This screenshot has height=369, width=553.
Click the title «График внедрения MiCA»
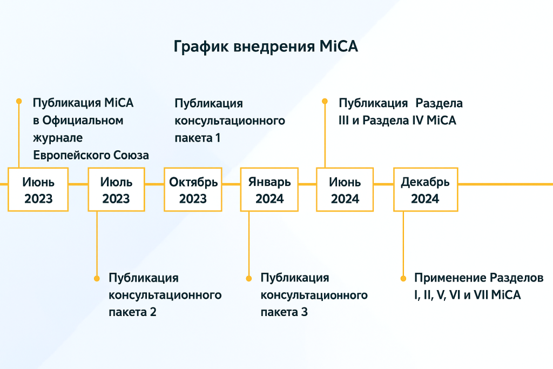click(266, 46)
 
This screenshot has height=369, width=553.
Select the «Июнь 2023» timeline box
click(38, 190)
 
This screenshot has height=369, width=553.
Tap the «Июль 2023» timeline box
click(116, 190)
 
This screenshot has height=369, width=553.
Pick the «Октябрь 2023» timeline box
click(193, 190)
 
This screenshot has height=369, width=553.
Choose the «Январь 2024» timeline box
click(269, 190)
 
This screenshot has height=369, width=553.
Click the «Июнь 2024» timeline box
click(345, 190)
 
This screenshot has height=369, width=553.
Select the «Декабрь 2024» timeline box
click(425, 190)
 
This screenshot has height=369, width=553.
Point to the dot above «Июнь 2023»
click(19, 100)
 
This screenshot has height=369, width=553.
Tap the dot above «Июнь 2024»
click(325, 100)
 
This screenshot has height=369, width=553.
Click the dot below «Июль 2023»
click(97, 278)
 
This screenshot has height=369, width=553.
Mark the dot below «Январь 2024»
click(249, 278)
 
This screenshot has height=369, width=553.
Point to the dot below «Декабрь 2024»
click(403, 278)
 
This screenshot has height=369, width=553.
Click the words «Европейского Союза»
click(91, 155)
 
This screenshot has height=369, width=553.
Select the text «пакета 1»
click(197, 138)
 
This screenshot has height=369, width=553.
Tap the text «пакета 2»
click(132, 312)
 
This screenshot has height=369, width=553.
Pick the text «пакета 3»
click(284, 312)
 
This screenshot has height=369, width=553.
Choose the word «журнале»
click(58, 138)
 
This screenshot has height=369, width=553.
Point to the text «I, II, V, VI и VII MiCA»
click(468, 296)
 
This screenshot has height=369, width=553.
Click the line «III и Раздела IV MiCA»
click(397, 120)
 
